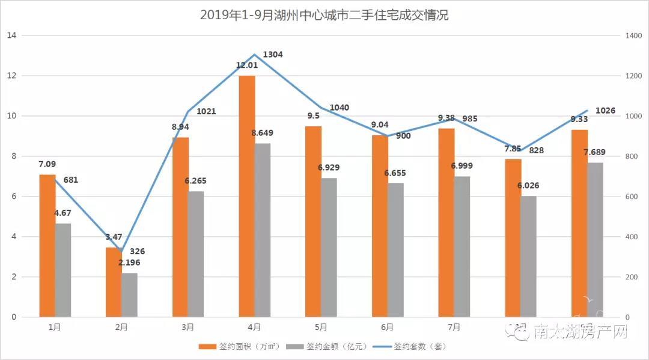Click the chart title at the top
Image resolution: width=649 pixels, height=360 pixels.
pyautogui.click(x=324, y=15)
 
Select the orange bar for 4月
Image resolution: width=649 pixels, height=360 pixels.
pyautogui.click(x=246, y=196)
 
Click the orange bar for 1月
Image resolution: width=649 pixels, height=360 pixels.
pyautogui.click(x=47, y=246)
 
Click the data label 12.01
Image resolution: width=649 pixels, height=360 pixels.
pyautogui.click(x=246, y=65)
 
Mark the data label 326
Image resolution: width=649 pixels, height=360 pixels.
pyautogui.click(x=137, y=251)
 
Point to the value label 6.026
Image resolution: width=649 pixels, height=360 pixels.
pyautogui.click(x=528, y=185)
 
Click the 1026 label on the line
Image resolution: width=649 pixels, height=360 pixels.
pyautogui.click(x=605, y=111)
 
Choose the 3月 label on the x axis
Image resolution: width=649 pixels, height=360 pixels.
pyautogui.click(x=188, y=328)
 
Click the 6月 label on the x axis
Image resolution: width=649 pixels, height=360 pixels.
pyautogui.click(x=388, y=328)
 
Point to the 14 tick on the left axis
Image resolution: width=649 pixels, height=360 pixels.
pyautogui.click(x=11, y=35)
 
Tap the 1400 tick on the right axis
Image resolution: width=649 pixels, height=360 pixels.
pyautogui.click(x=633, y=35)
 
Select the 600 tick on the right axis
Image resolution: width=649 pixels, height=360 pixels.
pyautogui.click(x=631, y=197)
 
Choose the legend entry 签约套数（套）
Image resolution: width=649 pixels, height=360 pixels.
pyautogui.click(x=412, y=347)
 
